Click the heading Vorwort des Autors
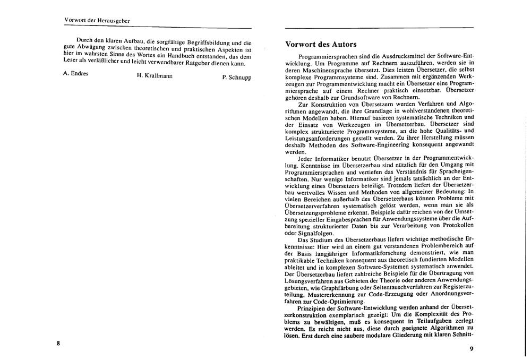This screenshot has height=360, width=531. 321,44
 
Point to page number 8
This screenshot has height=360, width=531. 58,343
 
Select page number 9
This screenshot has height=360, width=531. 471,349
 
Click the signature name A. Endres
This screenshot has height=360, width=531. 76,73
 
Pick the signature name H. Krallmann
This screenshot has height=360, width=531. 155,75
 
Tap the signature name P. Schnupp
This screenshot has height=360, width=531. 237,78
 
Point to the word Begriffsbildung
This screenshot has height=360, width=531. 204,41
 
